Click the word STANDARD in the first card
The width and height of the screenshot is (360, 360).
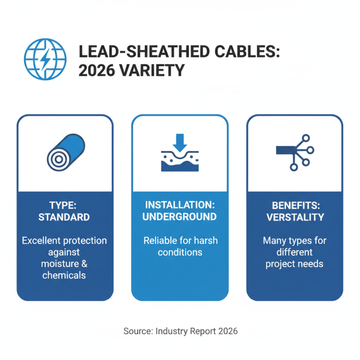pos(64,217)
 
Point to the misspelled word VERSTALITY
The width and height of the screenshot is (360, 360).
pos(294,217)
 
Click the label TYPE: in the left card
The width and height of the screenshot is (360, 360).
pos(64,205)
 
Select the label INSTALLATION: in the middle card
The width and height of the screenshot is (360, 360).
pos(180,205)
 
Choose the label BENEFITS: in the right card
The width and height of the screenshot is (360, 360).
pos(294,205)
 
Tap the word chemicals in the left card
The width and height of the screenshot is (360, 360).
pos(64,275)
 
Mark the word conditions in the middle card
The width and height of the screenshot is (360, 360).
pos(180,252)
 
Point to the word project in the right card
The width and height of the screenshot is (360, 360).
pos(280,264)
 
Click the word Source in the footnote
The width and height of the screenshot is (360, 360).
pos(137,331)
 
